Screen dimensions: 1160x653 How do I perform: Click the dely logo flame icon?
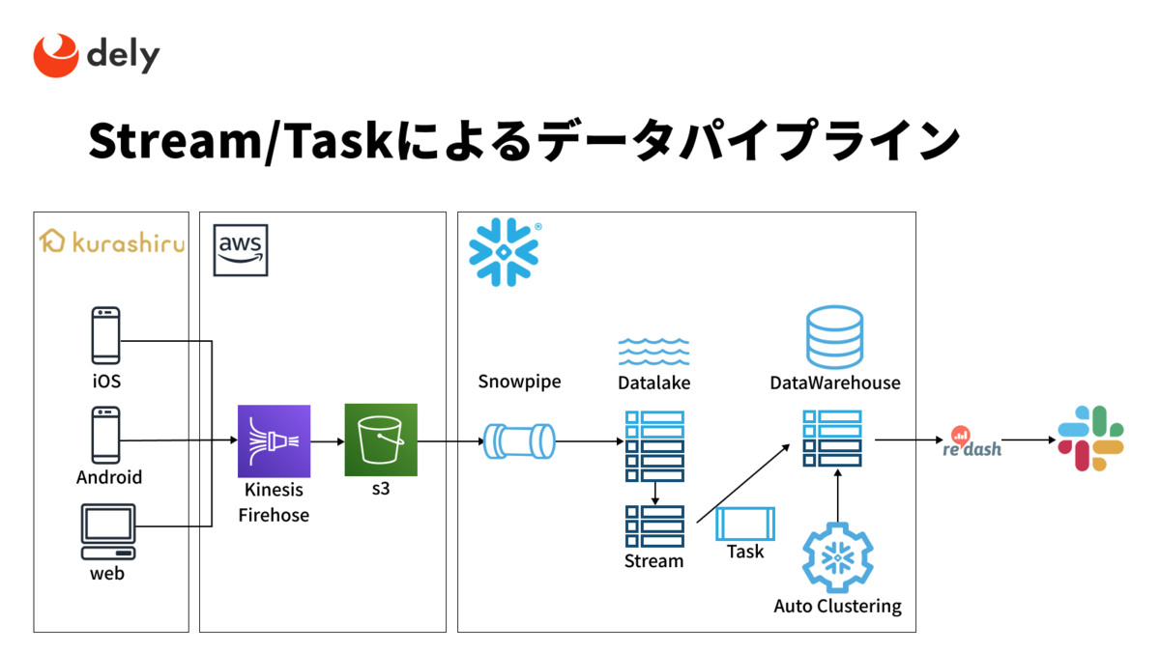[56, 55]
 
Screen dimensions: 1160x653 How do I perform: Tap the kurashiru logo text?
[129, 242]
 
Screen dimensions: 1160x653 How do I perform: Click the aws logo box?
[241, 250]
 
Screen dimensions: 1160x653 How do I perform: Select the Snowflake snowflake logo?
[505, 252]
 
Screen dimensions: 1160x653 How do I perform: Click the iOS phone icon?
[105, 335]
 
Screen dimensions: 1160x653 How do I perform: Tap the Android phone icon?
[105, 435]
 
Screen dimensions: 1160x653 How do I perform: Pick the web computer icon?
[108, 531]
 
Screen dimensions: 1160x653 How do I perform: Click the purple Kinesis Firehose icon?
[274, 440]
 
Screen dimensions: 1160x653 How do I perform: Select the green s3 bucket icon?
[381, 440]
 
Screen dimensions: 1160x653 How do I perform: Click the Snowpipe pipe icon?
[519, 441]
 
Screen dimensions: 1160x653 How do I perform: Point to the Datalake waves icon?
[653, 352]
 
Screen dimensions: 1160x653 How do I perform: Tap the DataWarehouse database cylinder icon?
[834, 337]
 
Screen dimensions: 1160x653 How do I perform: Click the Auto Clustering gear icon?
[838, 557]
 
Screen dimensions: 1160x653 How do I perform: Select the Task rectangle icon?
[745, 524]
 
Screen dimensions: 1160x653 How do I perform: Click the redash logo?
[971, 442]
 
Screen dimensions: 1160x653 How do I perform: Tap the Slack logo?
[1090, 439]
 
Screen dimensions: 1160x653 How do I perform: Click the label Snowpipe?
[519, 382]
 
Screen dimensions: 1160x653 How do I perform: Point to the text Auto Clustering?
[837, 606]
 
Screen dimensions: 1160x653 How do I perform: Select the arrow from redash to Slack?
[1029, 440]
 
